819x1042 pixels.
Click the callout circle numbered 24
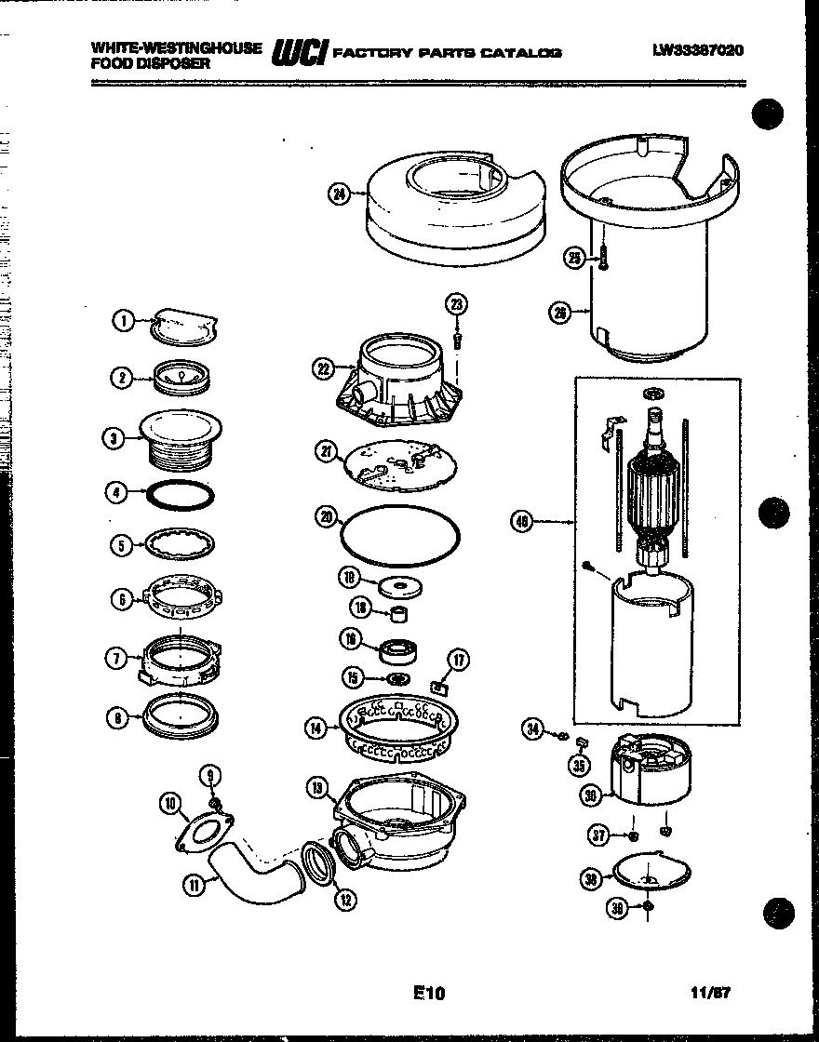tap(338, 194)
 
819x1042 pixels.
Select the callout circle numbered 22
tap(322, 368)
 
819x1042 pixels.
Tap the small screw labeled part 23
tap(456, 340)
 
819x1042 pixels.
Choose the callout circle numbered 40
tap(522, 523)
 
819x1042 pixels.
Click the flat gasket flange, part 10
tap(204, 831)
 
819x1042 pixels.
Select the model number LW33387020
tap(698, 51)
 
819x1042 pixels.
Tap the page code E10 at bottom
tap(429, 993)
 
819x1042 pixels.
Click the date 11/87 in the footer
tap(713, 993)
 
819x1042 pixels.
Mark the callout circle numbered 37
tap(598, 835)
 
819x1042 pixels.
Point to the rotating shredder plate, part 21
tap(402, 463)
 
